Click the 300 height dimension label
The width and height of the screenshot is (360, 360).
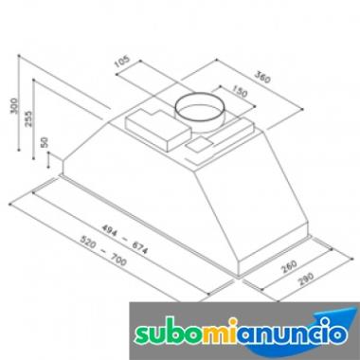pos(14,106)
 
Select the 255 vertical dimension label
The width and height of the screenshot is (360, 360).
pos(28,118)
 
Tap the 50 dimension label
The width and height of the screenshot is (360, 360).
pos(45,142)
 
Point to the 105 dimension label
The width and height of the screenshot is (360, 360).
pos(122,62)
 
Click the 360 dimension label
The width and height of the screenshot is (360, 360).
pos(262,78)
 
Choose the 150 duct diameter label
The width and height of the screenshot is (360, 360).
pos(240,91)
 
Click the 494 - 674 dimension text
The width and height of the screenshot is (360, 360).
pos(125,239)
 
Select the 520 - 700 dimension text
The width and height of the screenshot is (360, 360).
pos(103,251)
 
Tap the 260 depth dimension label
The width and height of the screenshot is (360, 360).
pos(289,266)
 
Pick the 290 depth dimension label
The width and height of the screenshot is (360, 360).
pos(306,279)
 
